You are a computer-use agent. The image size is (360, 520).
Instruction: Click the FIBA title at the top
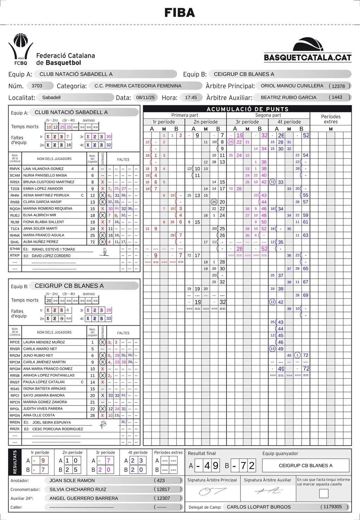click(180, 13)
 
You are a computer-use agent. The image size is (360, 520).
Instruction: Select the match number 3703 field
click(37, 86)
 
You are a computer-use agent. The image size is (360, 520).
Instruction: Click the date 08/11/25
click(147, 97)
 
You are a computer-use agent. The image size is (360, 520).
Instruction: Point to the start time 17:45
click(191, 97)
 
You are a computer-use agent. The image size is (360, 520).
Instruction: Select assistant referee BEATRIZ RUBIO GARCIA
click(288, 97)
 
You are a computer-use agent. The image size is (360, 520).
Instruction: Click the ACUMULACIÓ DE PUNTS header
click(247, 109)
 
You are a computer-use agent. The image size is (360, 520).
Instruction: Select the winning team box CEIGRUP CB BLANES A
click(306, 466)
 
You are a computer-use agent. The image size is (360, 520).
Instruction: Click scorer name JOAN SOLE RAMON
click(72, 480)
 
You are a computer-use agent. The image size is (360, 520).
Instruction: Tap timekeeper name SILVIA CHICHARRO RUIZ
click(78, 489)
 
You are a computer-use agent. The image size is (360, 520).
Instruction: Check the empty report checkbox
click(323, 493)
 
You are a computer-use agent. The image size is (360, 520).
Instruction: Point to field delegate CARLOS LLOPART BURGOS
click(259, 507)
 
